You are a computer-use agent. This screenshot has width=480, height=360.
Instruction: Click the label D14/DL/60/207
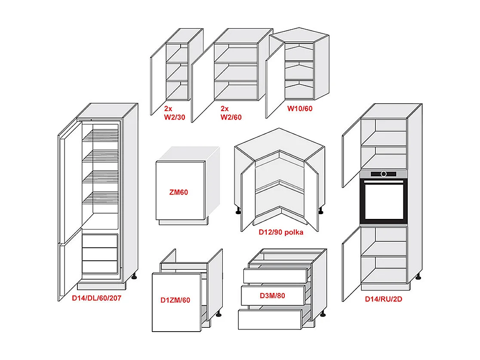tap(96, 298)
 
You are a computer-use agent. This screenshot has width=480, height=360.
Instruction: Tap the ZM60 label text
tap(178, 192)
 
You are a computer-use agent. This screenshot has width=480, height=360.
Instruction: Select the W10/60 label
tap(300, 108)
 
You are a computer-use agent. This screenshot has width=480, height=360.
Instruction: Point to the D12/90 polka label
tap(281, 232)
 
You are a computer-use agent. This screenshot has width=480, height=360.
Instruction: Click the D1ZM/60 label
tap(175, 300)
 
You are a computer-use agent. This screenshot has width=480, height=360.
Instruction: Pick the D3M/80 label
tap(272, 295)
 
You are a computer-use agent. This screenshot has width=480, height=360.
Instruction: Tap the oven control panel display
tap(383, 174)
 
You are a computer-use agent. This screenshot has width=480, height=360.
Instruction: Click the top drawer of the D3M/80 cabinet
tap(275, 275)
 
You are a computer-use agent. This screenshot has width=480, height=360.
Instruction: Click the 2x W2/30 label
tap(174, 113)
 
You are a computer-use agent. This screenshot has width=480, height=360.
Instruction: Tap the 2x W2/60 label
tap(231, 113)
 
